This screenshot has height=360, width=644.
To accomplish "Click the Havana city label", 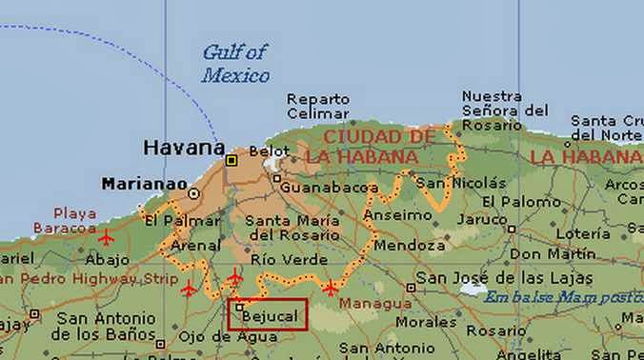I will click(x=183, y=149).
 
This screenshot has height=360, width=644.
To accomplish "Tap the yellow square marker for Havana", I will click(x=231, y=161).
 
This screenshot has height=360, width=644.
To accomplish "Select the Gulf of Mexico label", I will click(x=235, y=64).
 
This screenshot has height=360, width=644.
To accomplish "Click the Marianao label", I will click(x=140, y=182).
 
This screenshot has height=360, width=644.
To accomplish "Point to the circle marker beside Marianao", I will click(x=194, y=192).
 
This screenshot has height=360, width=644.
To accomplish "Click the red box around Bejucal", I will click(x=268, y=315).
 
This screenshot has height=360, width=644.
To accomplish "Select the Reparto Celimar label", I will click(x=318, y=107).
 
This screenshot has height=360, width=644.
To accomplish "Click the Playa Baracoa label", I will click(x=64, y=220).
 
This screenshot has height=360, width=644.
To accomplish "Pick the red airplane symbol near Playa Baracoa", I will click(x=105, y=235).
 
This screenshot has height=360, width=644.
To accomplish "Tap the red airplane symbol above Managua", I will click(x=330, y=288).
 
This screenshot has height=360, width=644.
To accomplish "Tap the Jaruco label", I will click(x=481, y=218).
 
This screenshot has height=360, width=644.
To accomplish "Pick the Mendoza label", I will click(x=397, y=245).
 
